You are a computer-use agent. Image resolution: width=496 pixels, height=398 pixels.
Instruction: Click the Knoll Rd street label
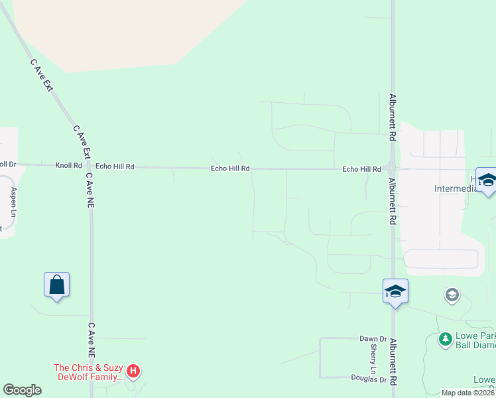point(68,166)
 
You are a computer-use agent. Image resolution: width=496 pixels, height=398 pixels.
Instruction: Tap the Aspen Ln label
point(13,202)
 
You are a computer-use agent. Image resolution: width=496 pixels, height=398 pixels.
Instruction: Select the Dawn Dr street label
point(373,339)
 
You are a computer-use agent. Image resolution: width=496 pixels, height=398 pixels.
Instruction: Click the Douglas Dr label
point(369,379)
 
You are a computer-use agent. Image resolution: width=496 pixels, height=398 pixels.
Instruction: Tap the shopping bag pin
point(57,285)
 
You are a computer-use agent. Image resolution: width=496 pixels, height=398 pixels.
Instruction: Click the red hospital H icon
point(133,371)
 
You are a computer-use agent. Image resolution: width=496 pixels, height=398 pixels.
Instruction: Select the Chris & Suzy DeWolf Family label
point(89,373)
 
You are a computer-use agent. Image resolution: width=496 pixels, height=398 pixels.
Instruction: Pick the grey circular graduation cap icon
point(452,295)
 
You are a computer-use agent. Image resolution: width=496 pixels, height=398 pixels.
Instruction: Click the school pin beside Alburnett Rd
point(395,291)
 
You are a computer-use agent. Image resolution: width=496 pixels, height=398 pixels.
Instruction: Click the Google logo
point(22,390)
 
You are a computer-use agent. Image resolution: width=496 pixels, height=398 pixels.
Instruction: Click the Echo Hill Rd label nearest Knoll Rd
point(115,167)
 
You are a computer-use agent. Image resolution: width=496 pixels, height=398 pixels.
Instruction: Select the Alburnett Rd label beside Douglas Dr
point(393,362)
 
